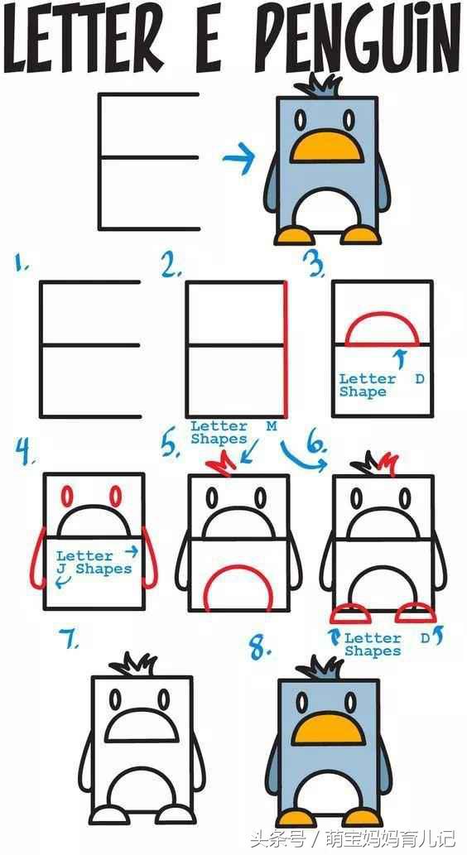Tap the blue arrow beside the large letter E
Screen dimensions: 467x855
tap(239, 159)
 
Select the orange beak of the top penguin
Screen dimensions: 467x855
tap(325, 147)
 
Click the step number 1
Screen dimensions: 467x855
tap(22, 265)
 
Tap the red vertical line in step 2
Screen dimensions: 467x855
tap(285, 349)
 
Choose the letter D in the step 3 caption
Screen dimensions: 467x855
tap(419, 379)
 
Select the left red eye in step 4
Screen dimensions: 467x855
tap(66, 497)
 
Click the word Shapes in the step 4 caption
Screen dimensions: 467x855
tap(104, 569)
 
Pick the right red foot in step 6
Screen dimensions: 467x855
tap(416, 613)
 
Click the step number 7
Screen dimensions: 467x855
tap(70, 638)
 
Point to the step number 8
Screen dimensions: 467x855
tap(261, 649)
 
